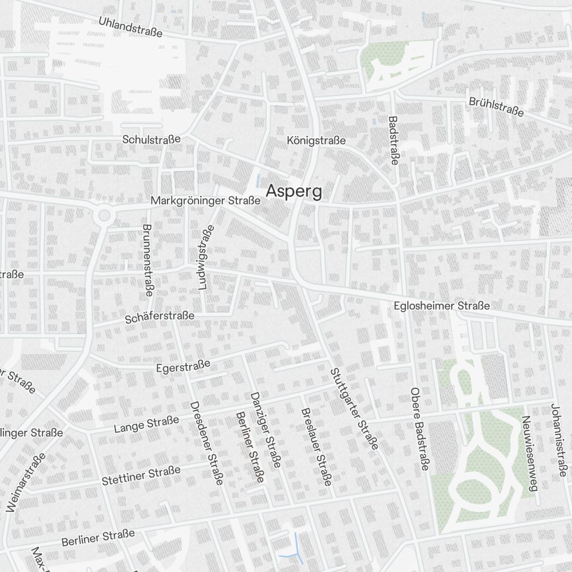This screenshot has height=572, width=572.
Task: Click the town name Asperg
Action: pyautogui.click(x=294, y=191)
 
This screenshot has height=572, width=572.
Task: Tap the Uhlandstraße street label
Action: pyautogui.click(x=130, y=27)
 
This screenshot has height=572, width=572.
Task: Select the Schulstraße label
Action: pyautogui.click(x=152, y=139)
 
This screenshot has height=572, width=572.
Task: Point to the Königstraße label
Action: pyautogui.click(x=316, y=140)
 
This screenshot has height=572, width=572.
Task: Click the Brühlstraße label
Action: pyautogui.click(x=496, y=107)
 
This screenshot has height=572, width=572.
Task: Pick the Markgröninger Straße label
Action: pyautogui.click(x=205, y=201)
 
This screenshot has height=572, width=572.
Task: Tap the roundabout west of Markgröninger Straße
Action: pyautogui.click(x=104, y=216)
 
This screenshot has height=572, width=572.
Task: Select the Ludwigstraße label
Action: pyautogui.click(x=206, y=258)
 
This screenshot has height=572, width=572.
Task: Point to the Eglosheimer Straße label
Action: pyautogui.click(x=442, y=306)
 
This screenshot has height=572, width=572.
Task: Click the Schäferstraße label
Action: pyautogui.click(x=160, y=317)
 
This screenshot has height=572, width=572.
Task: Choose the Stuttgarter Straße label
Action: pyautogui.click(x=354, y=408)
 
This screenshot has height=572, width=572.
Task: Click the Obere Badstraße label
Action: pyautogui.click(x=419, y=429)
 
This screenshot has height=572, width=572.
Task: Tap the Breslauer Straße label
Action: pyautogui.click(x=316, y=447)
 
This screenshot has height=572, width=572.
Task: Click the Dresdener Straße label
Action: pyautogui.click(x=206, y=443)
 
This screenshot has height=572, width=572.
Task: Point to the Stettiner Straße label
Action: pyautogui.click(x=141, y=475)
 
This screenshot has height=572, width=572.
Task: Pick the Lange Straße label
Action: pyautogui.click(x=146, y=424)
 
